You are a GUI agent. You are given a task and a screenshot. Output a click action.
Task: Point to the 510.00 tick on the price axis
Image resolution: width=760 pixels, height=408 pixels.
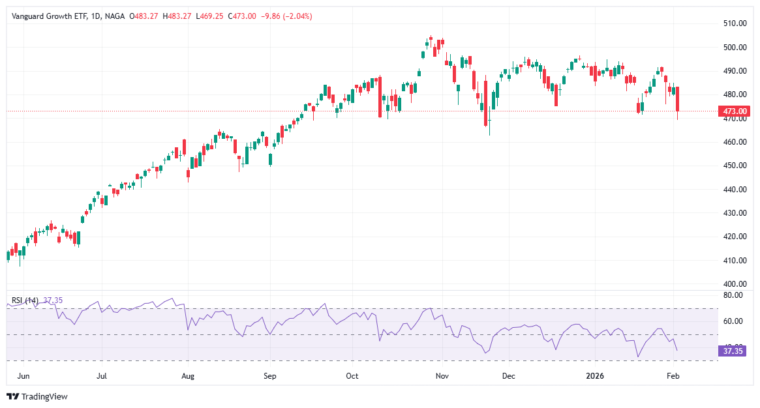coord(735,23)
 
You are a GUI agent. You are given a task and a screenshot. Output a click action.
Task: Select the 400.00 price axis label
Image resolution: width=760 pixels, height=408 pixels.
coord(735,284)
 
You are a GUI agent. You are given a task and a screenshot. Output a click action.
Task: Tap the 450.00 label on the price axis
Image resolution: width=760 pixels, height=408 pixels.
coord(735,166)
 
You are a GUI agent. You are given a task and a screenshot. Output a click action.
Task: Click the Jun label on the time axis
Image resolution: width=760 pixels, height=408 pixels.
coord(23,376)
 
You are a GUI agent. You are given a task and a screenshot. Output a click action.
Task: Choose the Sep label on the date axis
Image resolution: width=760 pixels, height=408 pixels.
coord(270,376)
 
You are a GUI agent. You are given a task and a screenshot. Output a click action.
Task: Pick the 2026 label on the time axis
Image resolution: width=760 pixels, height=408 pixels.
coord(594,376)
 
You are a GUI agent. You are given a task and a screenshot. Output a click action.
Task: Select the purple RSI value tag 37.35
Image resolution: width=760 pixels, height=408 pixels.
coord(731,351)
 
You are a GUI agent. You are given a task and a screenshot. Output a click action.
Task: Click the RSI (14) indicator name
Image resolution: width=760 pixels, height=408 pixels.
coord(25,300)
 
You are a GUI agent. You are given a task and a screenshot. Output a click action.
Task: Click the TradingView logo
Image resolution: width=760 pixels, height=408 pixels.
coord(37,396)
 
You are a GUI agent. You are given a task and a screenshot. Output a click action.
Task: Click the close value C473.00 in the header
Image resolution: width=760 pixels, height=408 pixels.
coord(241,16)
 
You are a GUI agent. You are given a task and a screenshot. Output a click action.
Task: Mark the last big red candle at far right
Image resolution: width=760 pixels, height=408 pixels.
coord(678,99)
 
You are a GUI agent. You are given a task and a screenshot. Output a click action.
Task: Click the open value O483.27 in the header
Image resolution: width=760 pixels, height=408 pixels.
coord(144,16)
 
